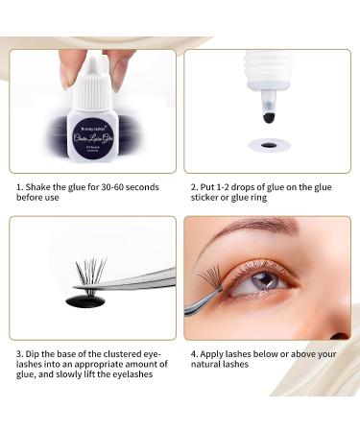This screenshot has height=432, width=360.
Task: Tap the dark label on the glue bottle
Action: [94, 139]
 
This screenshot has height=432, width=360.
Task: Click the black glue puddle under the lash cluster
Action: [85, 301]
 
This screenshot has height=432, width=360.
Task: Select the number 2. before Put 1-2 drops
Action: [192, 187]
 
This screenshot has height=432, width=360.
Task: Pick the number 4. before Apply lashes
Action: [192, 353]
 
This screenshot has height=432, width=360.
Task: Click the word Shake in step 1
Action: [37, 187]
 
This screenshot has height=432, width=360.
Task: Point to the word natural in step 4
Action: [208, 366]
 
